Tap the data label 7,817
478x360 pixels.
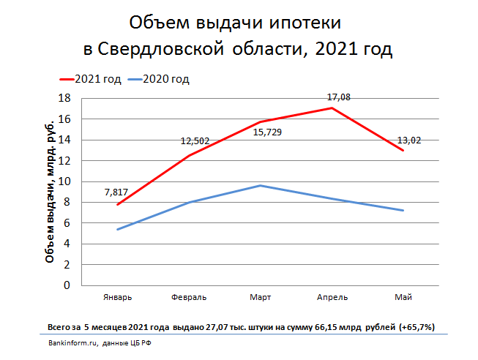pos(117,192)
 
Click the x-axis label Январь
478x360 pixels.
pos(117,297)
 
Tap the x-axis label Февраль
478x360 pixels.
pos(189,297)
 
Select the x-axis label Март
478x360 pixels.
pos(261,297)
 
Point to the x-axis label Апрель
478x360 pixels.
pos(332,297)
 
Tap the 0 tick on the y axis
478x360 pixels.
pos(67,285)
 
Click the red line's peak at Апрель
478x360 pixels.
pos(332,108)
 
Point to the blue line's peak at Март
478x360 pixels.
pos(261,185)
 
